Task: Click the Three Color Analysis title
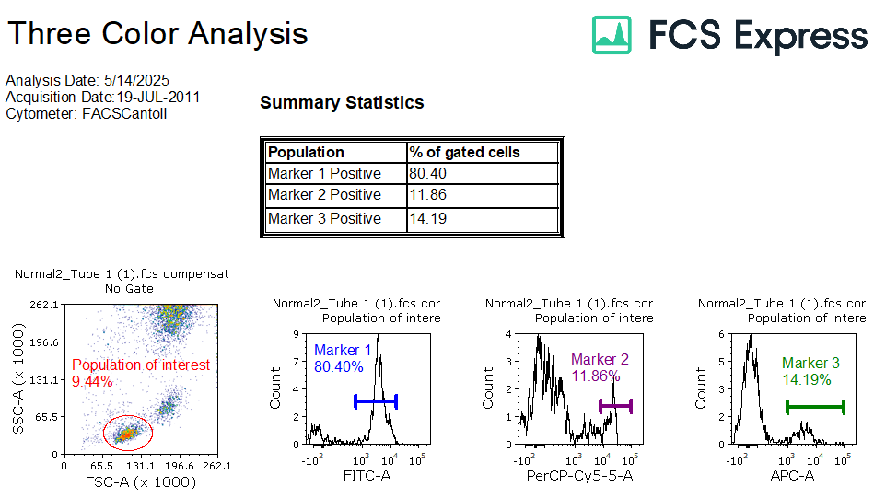point(157,34)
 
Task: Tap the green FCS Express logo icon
point(612,34)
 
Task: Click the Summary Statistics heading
point(342,103)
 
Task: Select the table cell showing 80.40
point(483,173)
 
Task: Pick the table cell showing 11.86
point(483,195)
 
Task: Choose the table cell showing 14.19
point(483,219)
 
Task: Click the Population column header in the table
point(335,152)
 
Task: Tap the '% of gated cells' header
point(483,152)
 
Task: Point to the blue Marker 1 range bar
point(376,401)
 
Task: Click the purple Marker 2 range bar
point(615,405)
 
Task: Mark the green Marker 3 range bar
point(815,406)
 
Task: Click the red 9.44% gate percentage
point(92,381)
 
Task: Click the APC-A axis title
point(792,476)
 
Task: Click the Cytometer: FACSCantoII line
point(87,113)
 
